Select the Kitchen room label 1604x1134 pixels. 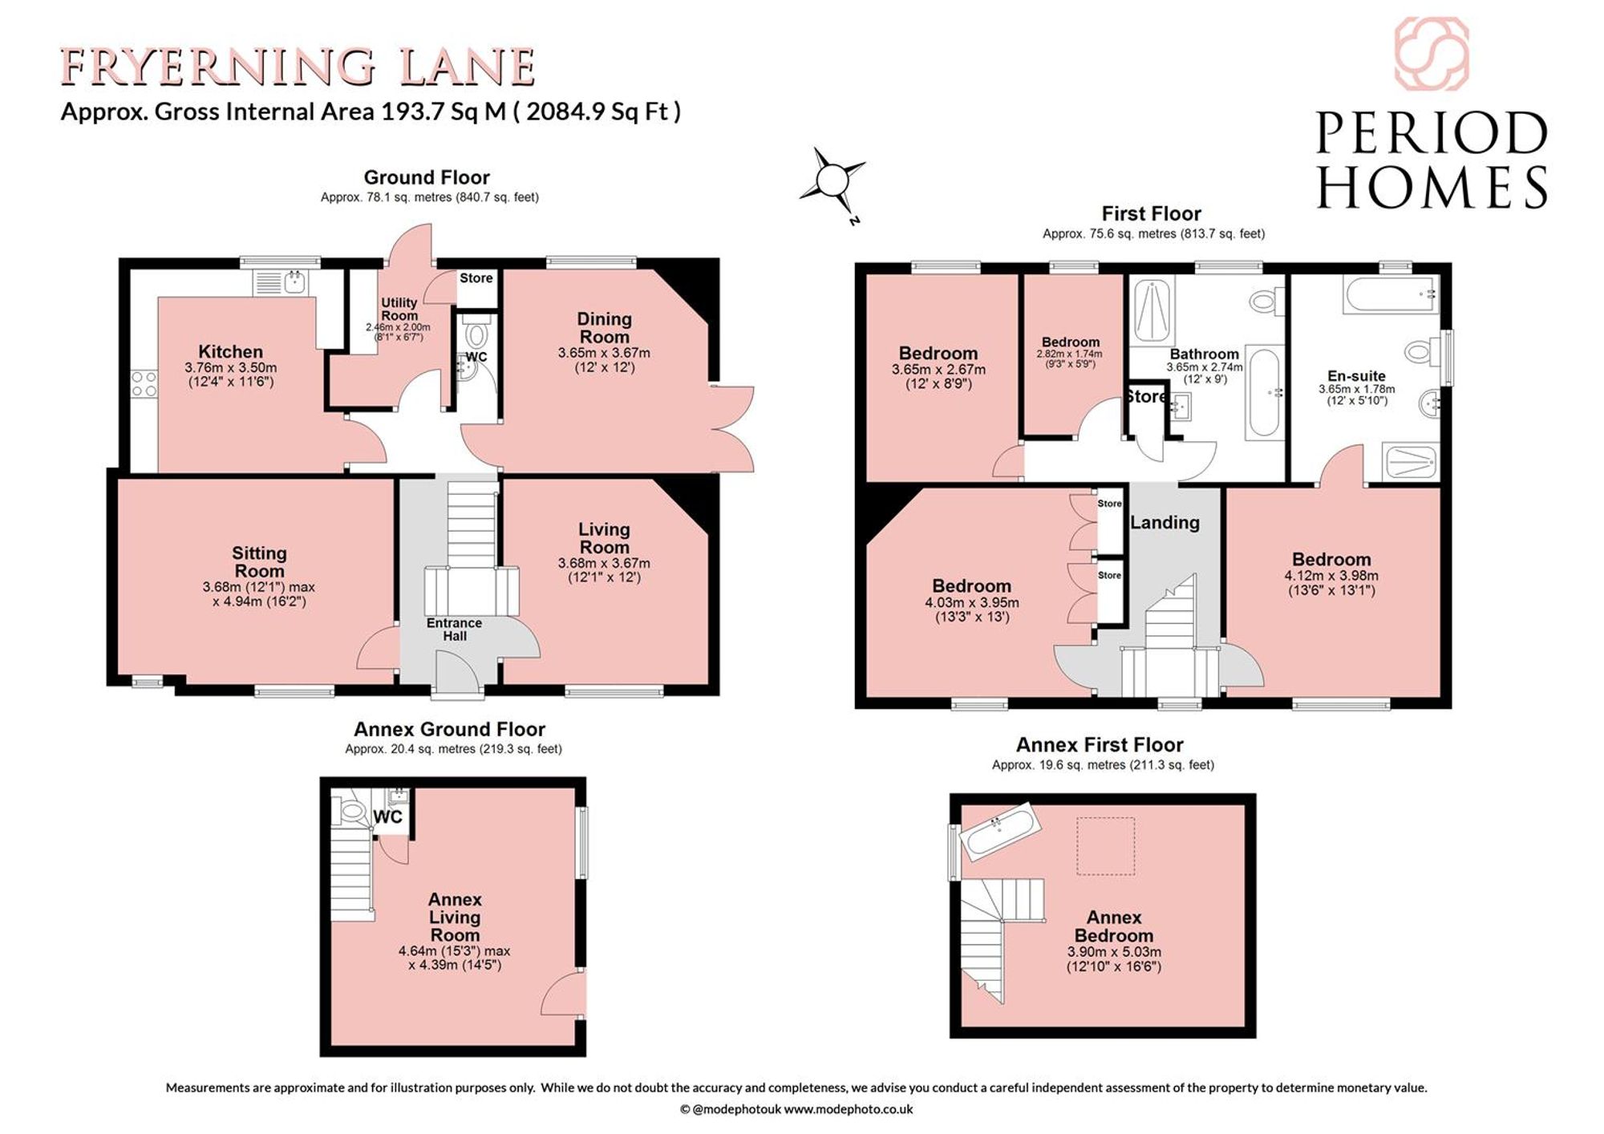231,351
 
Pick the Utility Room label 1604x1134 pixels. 399,309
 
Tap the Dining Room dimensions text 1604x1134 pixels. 604,360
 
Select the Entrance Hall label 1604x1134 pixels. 454,630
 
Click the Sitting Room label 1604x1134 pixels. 259,561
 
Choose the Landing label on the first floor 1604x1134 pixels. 1165,523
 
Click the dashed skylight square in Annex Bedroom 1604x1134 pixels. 1106,845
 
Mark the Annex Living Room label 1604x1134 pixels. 455,917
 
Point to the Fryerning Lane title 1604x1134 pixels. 298,67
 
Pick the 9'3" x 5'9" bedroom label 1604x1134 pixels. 1071,364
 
